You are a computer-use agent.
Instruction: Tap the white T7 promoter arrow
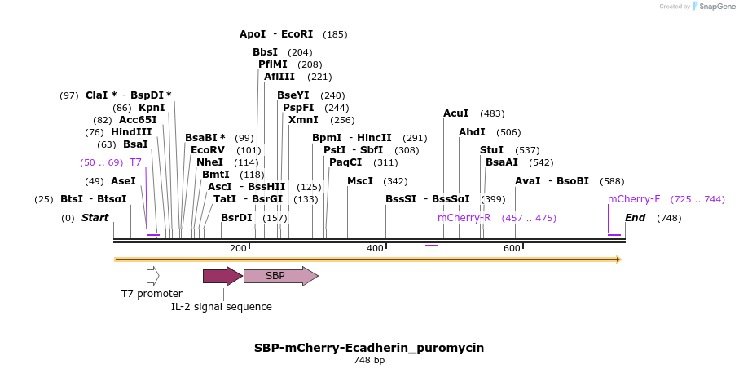[x=152, y=276]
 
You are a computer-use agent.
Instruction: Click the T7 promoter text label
[x=152, y=294]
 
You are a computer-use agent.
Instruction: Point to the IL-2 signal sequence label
[x=222, y=307]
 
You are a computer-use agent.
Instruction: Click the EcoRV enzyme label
[x=207, y=150]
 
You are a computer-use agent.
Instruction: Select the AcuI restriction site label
[x=455, y=113]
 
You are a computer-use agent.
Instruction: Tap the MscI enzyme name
[x=360, y=181]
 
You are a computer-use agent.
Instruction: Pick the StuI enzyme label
[x=491, y=150]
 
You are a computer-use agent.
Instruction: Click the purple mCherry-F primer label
[x=634, y=199]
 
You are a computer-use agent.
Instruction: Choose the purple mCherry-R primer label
[x=464, y=218]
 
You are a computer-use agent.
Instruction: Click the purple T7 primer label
[x=135, y=162]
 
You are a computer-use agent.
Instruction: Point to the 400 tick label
[x=375, y=248]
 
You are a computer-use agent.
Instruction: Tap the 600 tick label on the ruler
[x=512, y=248]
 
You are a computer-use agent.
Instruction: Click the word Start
[x=95, y=218]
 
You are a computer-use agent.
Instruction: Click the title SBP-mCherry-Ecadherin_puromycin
[x=369, y=348]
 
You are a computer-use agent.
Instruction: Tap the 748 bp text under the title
[x=369, y=360]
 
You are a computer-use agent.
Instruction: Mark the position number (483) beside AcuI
[x=492, y=113]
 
